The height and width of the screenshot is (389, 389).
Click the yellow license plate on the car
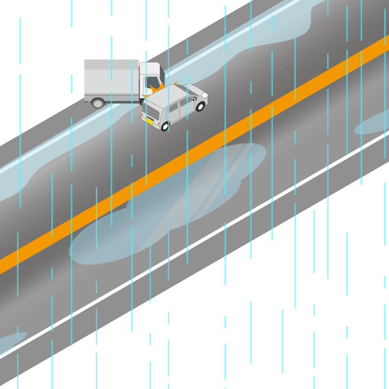[x=149, y=121]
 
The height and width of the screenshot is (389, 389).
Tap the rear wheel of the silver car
[x=165, y=126]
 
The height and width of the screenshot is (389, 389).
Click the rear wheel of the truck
[x=98, y=103]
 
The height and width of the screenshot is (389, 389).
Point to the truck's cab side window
[x=152, y=81]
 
